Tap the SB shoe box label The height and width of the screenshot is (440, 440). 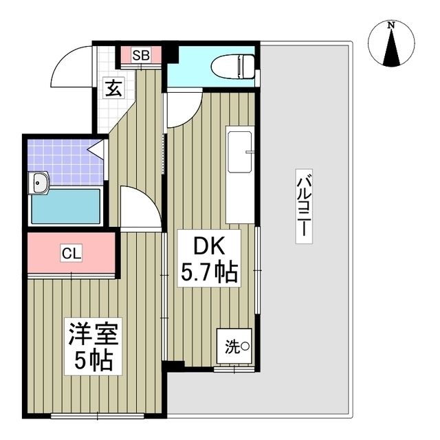click(x=141, y=55)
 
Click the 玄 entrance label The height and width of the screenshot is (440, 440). click(x=113, y=87)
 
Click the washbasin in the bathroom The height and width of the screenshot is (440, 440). click(x=40, y=183)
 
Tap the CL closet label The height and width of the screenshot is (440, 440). click(x=71, y=253)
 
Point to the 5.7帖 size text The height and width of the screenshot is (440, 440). click(x=209, y=273)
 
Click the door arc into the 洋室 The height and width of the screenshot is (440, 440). click(x=140, y=204)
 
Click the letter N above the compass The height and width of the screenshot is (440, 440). click(x=391, y=25)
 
